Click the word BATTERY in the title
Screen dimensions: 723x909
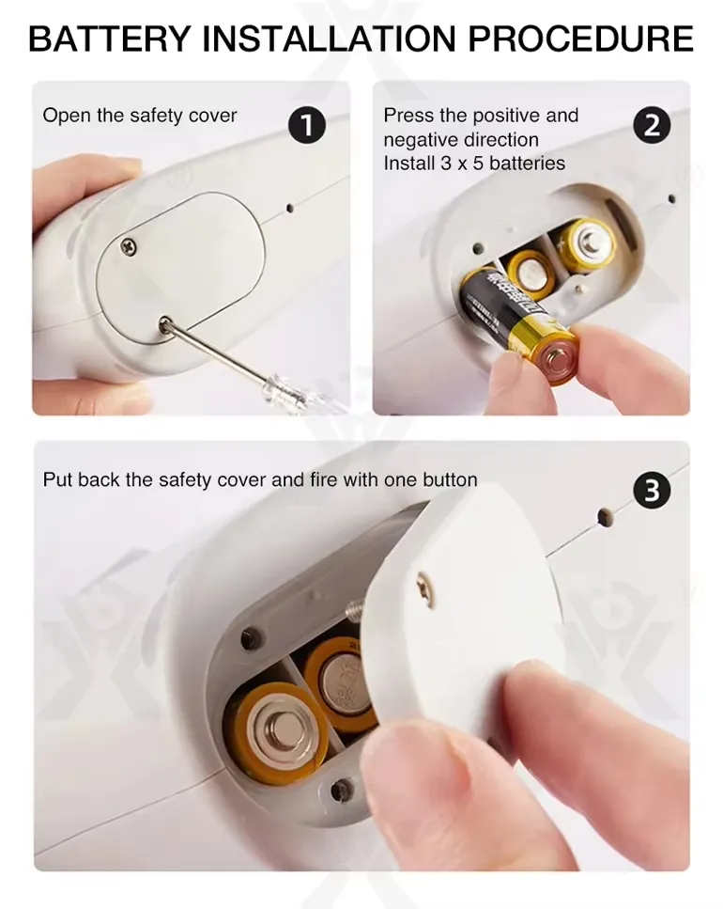coord(110,39)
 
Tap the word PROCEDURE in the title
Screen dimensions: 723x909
coord(580,39)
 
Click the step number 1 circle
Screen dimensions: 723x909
coord(307,126)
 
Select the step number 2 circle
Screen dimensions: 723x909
coord(652,126)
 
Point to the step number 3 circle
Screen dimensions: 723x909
coord(652,491)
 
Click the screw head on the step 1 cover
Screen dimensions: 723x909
coord(129,247)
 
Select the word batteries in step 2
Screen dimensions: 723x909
coord(527,164)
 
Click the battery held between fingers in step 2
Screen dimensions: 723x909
coord(517,323)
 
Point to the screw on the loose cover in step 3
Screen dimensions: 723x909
coord(427,590)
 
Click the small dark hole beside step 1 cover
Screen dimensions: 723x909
coord(290,207)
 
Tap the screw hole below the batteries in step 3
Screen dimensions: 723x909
coord(342,789)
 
